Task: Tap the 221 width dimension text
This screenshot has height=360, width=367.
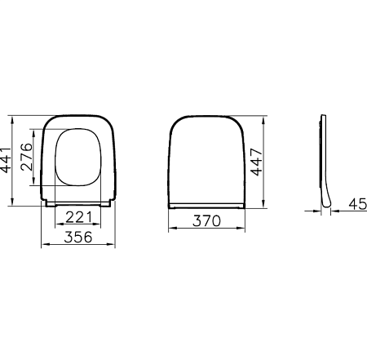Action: pyautogui.click(x=77, y=216)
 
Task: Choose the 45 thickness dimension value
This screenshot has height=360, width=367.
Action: pyautogui.click(x=356, y=203)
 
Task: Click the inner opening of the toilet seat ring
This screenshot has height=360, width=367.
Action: pyautogui.click(x=78, y=157)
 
